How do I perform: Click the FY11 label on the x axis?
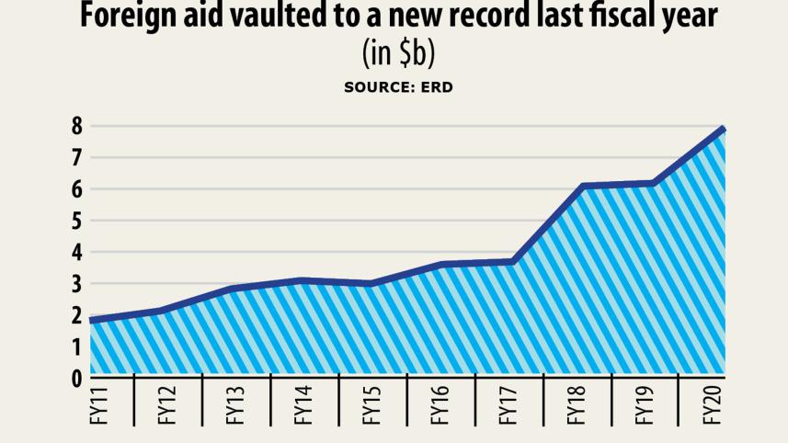coord(99,405)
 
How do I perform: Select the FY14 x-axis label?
coord(303,405)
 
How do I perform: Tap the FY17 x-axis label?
coord(508,405)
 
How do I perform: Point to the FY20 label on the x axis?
coord(711,405)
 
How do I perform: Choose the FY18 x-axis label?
coord(576,405)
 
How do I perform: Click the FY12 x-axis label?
coord(167,405)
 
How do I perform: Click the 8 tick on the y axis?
coord(77,126)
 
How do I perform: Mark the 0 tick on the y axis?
coord(77,377)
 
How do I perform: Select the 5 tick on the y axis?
coord(77,221)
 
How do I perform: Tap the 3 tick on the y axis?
coord(77,283)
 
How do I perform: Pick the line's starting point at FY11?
coord(92,320)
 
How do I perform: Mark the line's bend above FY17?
coord(513,262)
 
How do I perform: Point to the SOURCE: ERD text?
coord(398,87)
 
